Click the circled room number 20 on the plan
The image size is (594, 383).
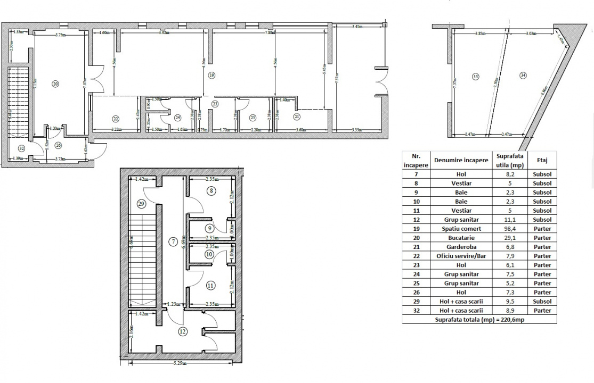click(55, 84)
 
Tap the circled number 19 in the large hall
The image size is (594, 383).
click(211, 76)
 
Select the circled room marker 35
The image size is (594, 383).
click(476, 77)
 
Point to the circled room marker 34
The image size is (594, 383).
click(523, 76)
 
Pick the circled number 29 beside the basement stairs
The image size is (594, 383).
click(141, 204)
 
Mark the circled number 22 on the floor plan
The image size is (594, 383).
click(115, 118)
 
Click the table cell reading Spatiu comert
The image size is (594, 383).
click(461, 229)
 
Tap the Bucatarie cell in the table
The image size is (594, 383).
click(461, 238)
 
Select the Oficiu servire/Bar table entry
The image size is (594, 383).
click(461, 256)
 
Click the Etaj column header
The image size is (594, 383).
click(542, 160)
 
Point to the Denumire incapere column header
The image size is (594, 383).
click(461, 160)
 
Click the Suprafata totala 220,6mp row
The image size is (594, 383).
click(479, 319)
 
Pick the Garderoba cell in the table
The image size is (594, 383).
click(461, 247)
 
